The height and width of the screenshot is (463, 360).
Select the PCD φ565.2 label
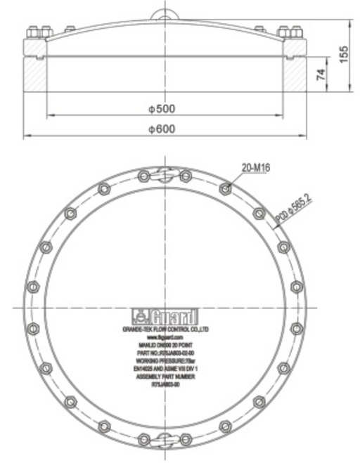click(293, 211)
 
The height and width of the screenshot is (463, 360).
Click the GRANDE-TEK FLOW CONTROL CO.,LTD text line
click(165, 329)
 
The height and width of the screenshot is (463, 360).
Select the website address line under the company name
click(165, 337)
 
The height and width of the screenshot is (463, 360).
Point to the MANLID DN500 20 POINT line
click(165, 345)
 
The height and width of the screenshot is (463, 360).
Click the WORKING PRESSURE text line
click(165, 361)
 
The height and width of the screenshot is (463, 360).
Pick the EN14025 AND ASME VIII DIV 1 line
click(165, 370)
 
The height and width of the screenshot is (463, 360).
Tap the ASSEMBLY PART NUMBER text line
click(165, 378)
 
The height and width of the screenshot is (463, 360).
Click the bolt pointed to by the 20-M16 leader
click(225, 188)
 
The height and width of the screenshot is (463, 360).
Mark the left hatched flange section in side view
click(35, 74)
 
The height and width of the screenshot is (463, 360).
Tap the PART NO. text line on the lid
click(165, 353)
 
